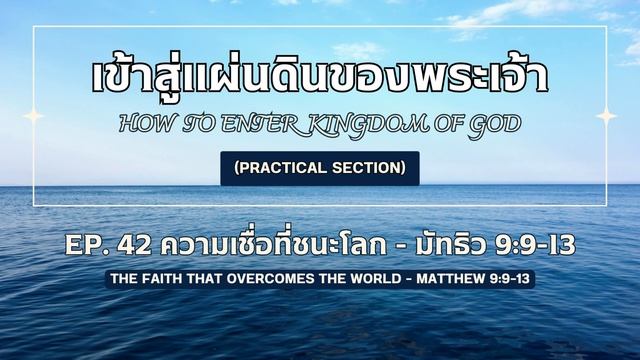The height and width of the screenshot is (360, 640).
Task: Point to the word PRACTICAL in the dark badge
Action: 285,168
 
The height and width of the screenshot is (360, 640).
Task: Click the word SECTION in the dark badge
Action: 370,168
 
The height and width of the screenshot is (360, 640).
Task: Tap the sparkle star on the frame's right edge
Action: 606,116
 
